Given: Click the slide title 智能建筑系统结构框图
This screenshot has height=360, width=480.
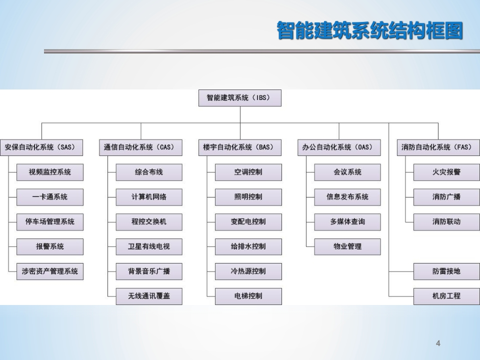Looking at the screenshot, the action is point(370,30).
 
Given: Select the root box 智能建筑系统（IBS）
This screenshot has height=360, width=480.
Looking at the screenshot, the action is point(240,98).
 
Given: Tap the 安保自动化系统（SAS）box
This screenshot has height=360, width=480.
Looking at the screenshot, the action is point(41,147).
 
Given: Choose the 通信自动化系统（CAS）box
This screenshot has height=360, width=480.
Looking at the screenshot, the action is point(140,147).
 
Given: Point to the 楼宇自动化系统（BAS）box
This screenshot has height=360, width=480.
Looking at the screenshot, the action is point(240,147).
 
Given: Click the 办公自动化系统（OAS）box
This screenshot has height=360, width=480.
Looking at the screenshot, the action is point(339,147).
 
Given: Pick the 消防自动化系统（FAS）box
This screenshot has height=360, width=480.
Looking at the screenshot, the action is point(438,147).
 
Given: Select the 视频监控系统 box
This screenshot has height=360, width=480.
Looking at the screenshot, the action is point(50,172).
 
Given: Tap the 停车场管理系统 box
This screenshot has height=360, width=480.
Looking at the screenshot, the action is point(50,222).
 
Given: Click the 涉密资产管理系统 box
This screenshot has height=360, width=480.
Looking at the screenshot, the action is point(50,271).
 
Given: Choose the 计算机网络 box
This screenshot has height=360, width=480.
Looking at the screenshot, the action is point(149,197).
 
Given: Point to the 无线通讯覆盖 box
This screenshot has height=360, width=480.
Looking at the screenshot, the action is point(149,296).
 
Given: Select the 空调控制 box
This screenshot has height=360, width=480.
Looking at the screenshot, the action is point(248,172).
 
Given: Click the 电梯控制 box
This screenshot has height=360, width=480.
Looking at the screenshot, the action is point(248,296).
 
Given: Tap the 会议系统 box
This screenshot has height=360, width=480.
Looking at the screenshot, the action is point(347,172).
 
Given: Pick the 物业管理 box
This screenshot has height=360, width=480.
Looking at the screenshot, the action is point(347,246).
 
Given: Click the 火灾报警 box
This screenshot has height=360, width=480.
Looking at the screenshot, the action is point(446,172).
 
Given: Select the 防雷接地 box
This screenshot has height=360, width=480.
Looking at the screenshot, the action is point(446,271).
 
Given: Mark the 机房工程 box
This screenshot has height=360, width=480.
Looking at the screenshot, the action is point(446,296).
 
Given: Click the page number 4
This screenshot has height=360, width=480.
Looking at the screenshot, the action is point(438,343).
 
